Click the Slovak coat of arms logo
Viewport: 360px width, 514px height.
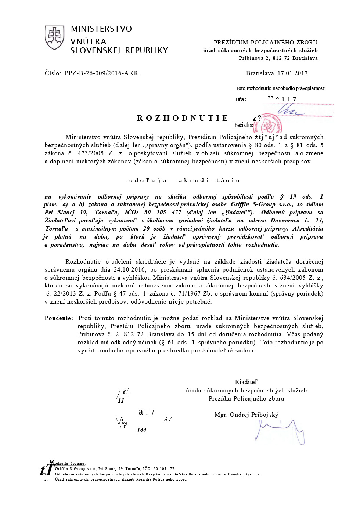pyautogui.click(x=54, y=37)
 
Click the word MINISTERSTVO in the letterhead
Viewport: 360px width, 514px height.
pyautogui.click(x=101, y=29)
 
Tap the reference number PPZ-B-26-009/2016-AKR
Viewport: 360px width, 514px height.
pyautogui.click(x=101, y=73)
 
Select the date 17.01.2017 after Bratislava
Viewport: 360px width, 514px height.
pyautogui.click(x=292, y=73)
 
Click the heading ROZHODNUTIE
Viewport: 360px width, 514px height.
pyautogui.click(x=183, y=118)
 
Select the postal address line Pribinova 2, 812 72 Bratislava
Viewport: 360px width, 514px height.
pyautogui.click(x=278, y=58)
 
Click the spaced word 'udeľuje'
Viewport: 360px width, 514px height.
pyautogui.click(x=148, y=180)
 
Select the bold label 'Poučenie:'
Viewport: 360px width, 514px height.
pyautogui.click(x=59, y=318)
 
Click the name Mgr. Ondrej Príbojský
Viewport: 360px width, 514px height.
pyautogui.click(x=246, y=415)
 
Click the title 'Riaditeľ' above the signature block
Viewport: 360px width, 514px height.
pyautogui.click(x=246, y=382)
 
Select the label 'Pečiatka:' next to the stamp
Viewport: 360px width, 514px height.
pyautogui.click(x=244, y=125)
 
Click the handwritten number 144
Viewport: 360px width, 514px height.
pyautogui.click(x=141, y=430)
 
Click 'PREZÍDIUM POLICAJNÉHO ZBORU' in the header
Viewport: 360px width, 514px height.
pyautogui.click(x=266, y=43)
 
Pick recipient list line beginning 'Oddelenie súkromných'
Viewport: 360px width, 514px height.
pyautogui.click(x=157, y=474)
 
